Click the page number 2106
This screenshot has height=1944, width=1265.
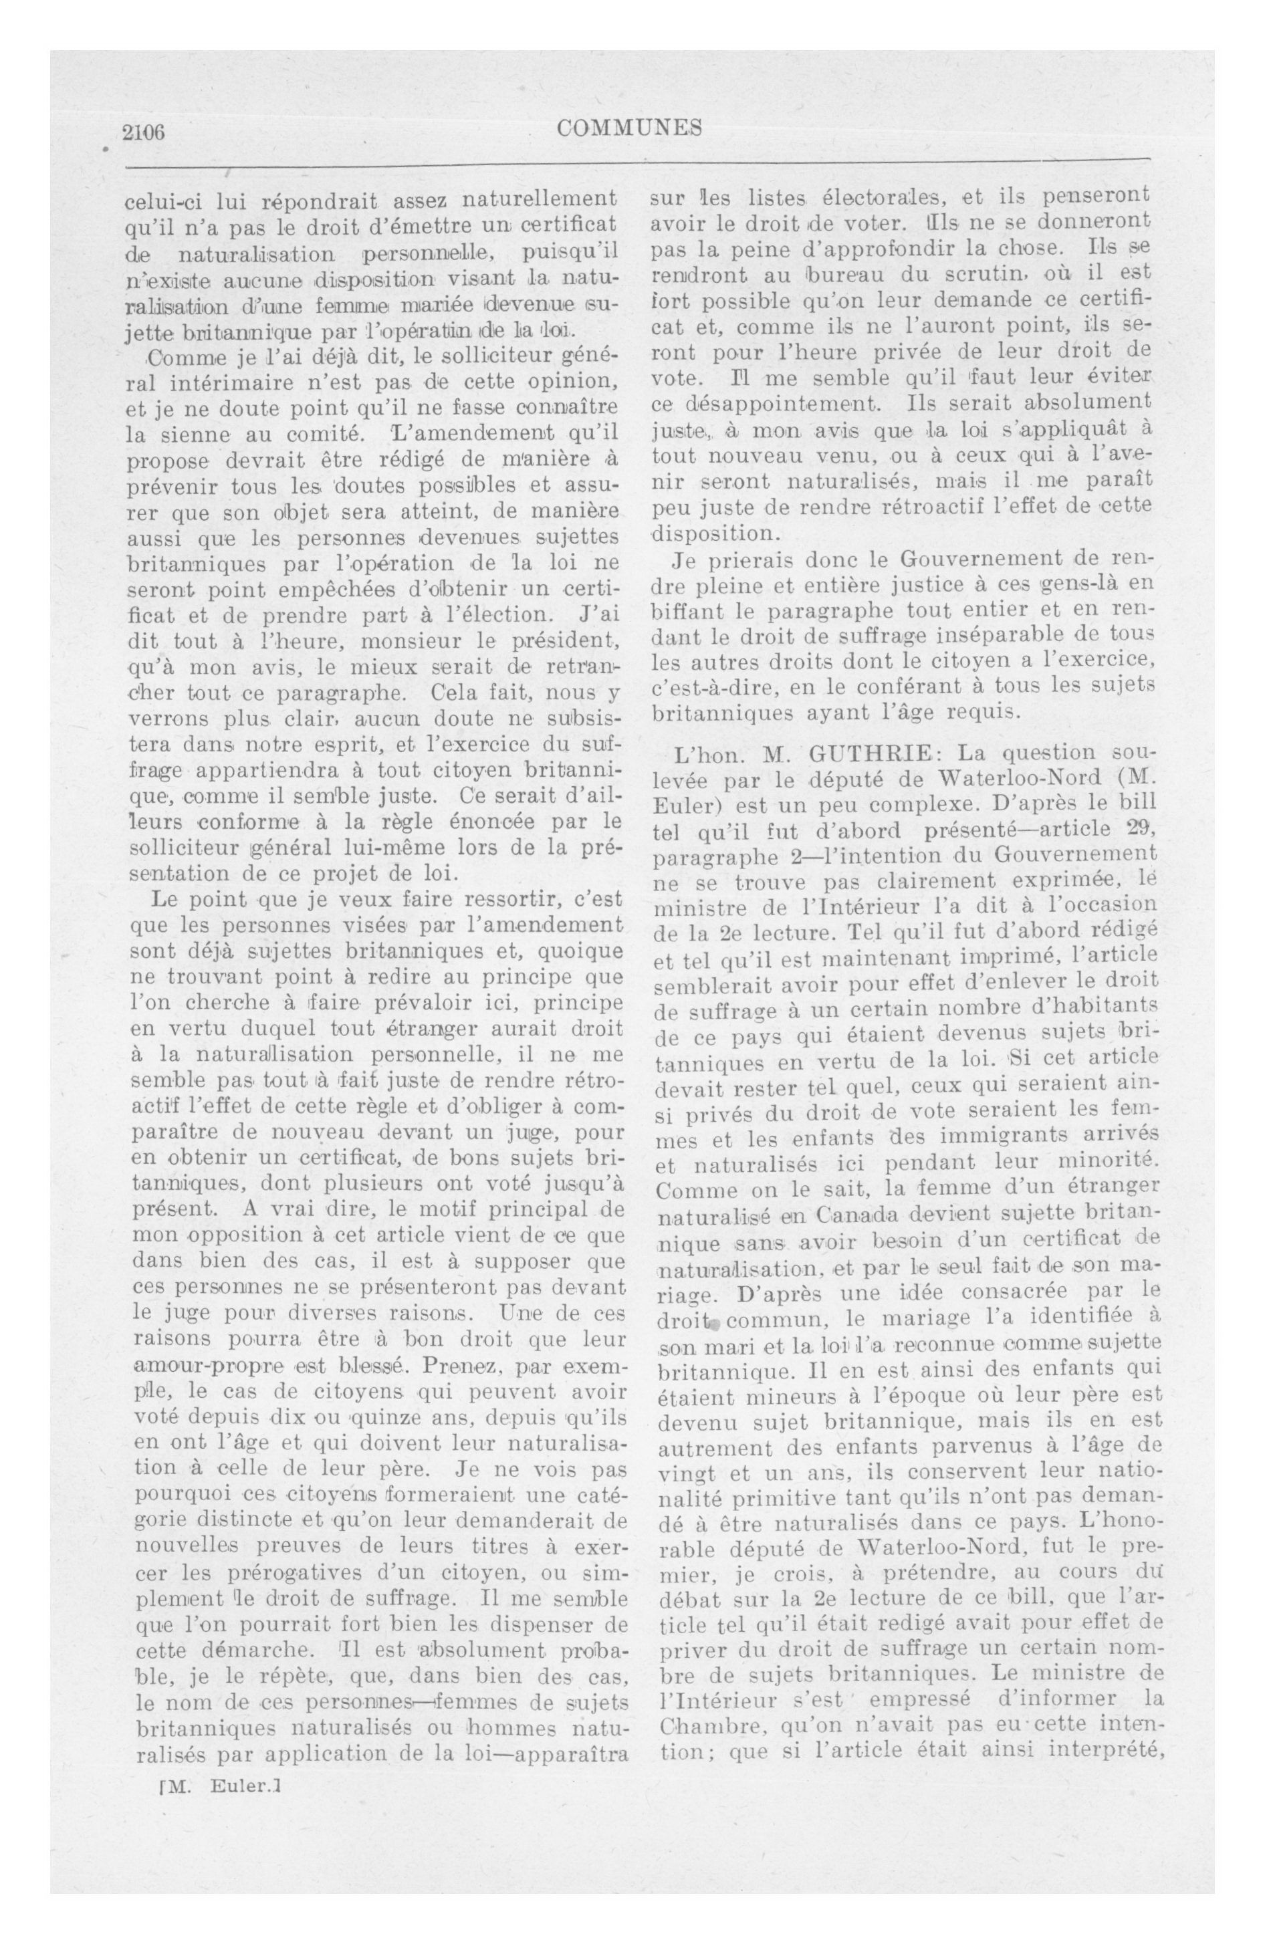point(144,132)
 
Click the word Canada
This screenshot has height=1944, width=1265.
point(847,1214)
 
